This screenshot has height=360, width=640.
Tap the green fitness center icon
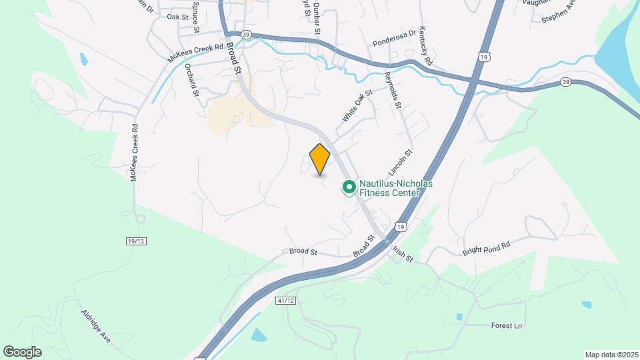point(348,187)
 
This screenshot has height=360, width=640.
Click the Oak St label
point(178,17)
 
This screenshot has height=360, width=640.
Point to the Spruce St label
point(196,17)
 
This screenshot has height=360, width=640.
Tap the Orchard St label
point(192,80)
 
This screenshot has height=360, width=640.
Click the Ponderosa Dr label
point(395,31)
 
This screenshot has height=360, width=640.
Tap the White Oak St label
point(357,106)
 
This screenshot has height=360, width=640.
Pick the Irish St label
point(403,254)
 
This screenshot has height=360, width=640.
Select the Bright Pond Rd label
point(486,249)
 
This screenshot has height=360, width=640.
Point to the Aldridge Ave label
point(96,326)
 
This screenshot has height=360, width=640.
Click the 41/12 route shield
point(283,301)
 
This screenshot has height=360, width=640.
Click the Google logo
point(22,352)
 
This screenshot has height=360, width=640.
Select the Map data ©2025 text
point(611,355)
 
